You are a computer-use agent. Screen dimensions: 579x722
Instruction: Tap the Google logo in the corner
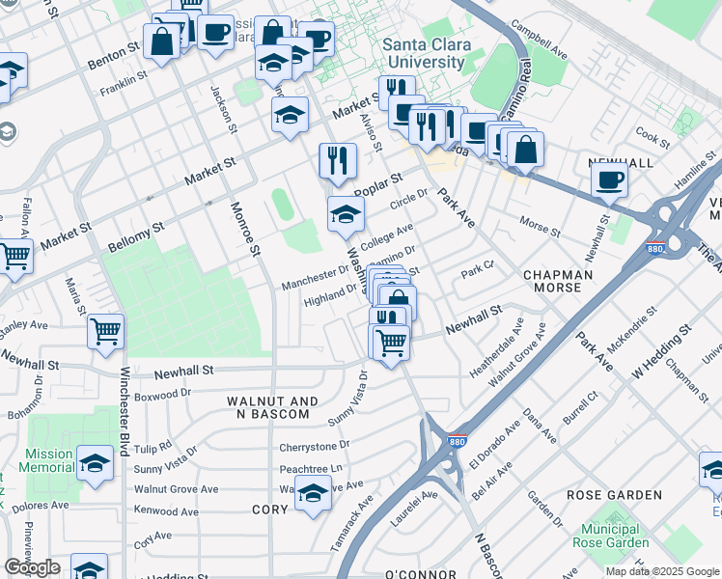coord(32,567)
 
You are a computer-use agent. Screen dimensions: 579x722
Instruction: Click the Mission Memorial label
coord(49,460)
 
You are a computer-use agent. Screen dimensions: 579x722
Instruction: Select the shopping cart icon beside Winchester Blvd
coord(105,331)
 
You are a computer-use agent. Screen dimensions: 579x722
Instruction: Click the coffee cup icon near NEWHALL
coord(609,179)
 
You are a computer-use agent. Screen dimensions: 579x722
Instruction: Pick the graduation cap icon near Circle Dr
coord(346,214)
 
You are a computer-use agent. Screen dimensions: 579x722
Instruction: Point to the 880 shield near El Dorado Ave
coord(455,441)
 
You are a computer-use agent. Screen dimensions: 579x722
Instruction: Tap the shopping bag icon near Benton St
coord(160,41)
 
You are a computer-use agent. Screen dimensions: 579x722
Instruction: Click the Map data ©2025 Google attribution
coord(661,571)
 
